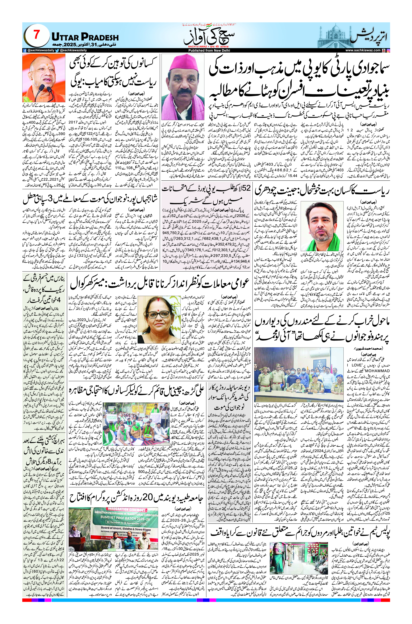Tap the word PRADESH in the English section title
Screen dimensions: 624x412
pos(100,37)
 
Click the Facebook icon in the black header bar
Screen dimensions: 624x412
pos(25,50)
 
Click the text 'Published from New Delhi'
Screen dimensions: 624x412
pos(209,50)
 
